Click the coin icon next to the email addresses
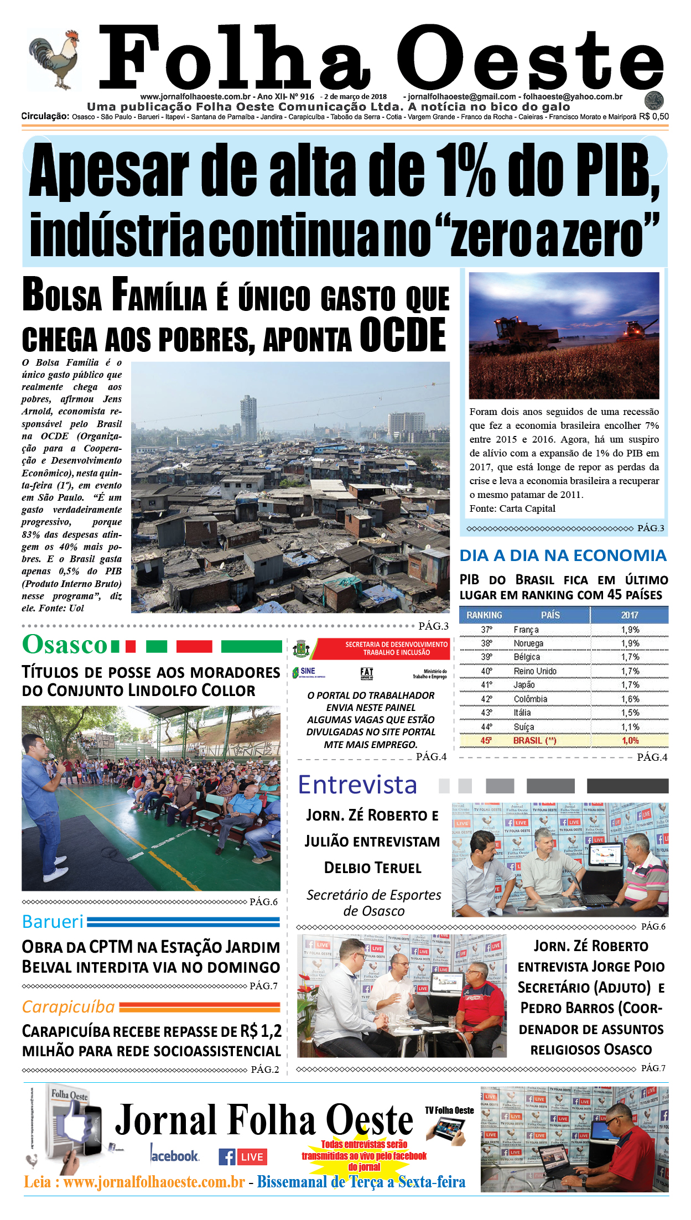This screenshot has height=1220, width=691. (654, 101)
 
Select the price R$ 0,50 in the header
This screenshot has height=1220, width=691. (653, 117)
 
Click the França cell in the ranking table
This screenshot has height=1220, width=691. (526, 630)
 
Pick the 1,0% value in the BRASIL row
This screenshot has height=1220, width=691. (630, 740)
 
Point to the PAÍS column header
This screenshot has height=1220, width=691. (550, 615)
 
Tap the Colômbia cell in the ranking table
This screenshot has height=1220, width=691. (530, 699)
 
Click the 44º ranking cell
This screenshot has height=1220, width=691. (486, 726)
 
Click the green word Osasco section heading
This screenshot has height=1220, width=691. (65, 645)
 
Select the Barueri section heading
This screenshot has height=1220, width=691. (53, 921)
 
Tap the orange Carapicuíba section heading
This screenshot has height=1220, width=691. (68, 1006)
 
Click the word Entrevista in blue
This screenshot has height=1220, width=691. (357, 785)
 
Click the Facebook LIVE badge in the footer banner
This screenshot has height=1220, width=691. (243, 1156)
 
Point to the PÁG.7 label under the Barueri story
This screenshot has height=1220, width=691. (263, 985)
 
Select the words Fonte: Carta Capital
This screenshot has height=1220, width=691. (512, 508)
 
